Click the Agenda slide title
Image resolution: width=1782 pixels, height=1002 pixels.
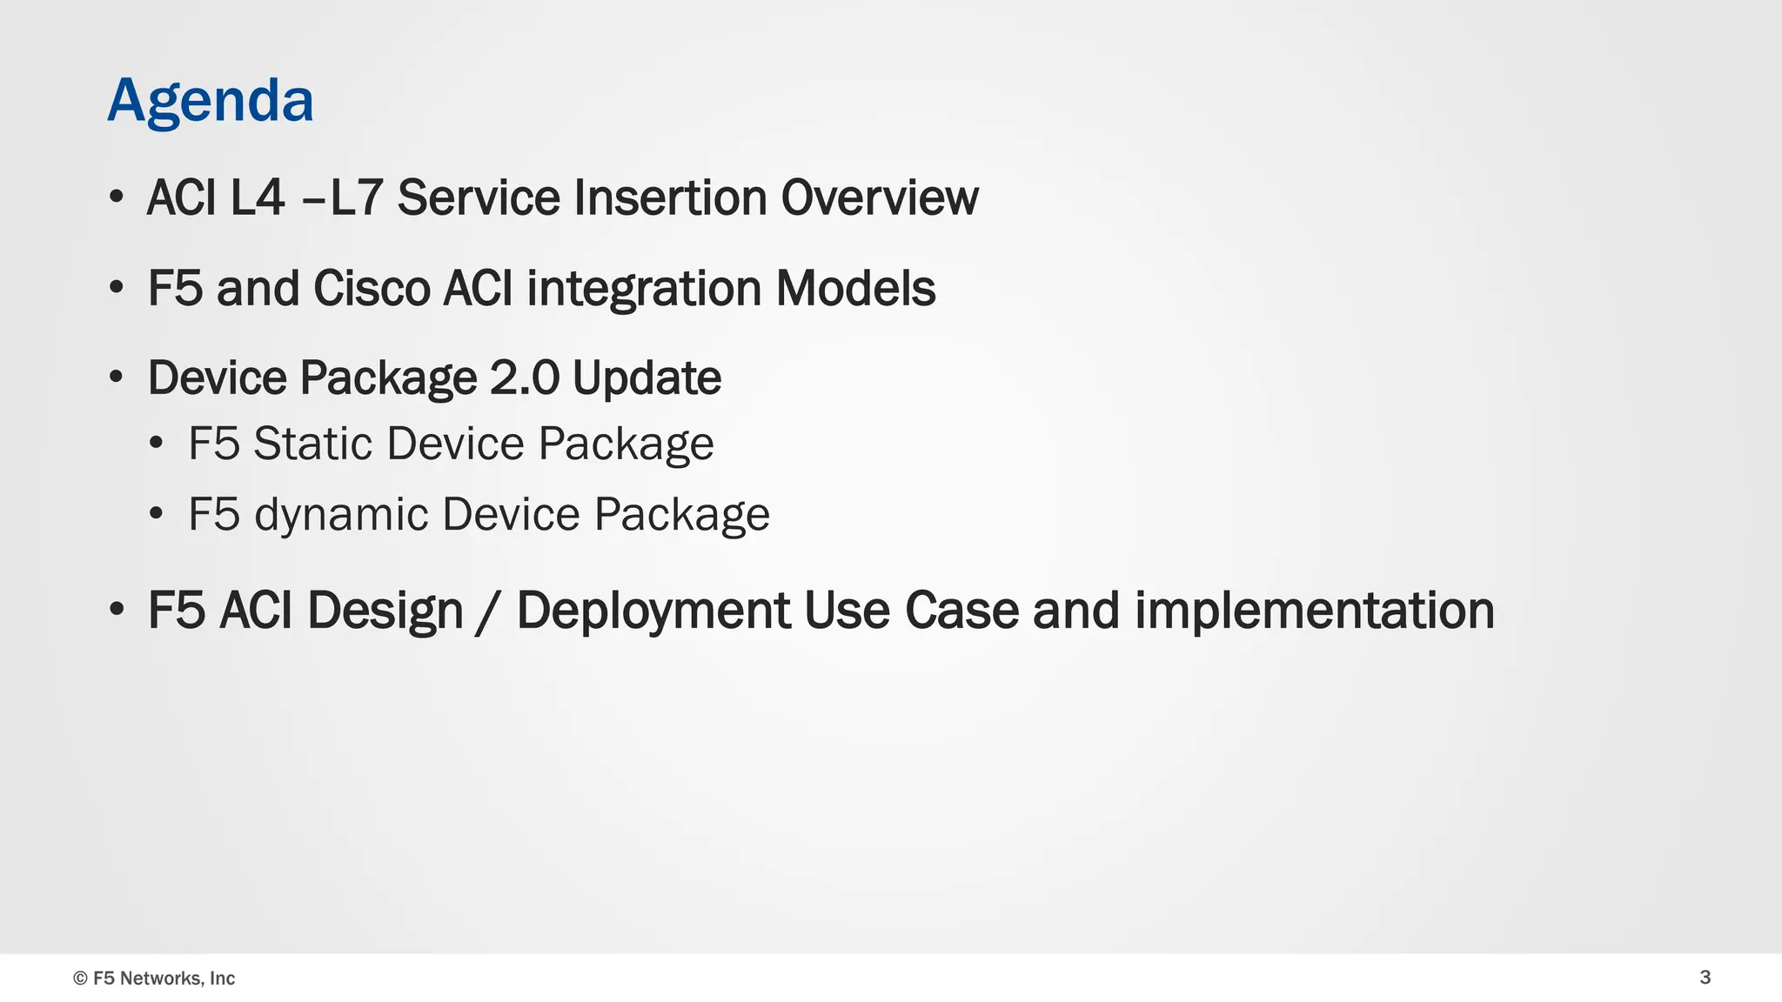(x=210, y=101)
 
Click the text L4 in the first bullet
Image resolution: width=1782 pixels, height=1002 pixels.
(x=258, y=197)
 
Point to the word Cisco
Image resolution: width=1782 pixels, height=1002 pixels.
(x=372, y=288)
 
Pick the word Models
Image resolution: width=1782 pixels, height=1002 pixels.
(x=855, y=288)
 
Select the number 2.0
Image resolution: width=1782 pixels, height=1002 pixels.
(x=524, y=377)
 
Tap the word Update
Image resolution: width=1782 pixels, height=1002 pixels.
(x=646, y=379)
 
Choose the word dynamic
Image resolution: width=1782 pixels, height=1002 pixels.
(x=341, y=515)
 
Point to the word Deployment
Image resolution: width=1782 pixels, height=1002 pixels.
(x=653, y=611)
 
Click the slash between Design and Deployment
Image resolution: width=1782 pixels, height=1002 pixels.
(x=489, y=611)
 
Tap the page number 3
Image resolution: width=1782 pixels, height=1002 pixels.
(x=1705, y=977)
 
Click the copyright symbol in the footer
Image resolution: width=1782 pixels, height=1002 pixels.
(x=80, y=979)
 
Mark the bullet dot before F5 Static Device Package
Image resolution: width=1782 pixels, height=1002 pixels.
(x=156, y=444)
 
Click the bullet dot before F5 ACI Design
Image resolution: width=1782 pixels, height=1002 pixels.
(x=117, y=610)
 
